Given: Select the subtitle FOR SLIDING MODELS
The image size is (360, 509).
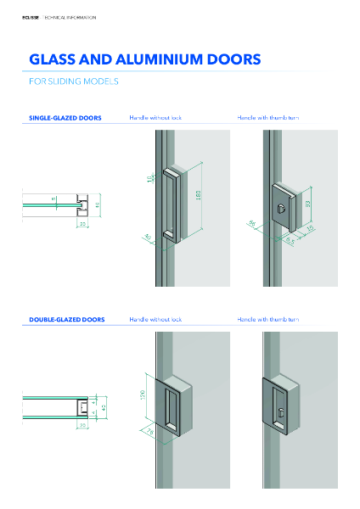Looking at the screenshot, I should pos(73,82).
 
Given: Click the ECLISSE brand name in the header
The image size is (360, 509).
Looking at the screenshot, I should pos(31,17).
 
